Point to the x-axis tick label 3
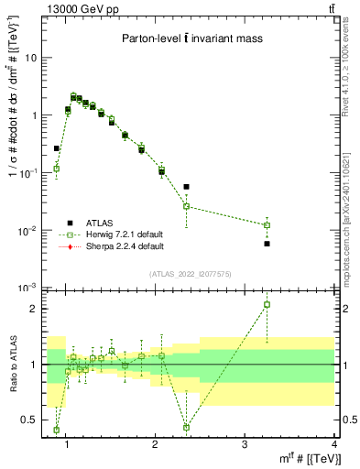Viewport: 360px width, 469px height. [x=245, y=445]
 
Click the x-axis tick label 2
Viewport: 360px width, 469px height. [x=155, y=445]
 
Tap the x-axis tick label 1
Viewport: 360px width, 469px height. [x=65, y=445]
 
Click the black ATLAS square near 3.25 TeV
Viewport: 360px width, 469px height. [x=267, y=244]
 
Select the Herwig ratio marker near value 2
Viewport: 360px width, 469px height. [x=267, y=304]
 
